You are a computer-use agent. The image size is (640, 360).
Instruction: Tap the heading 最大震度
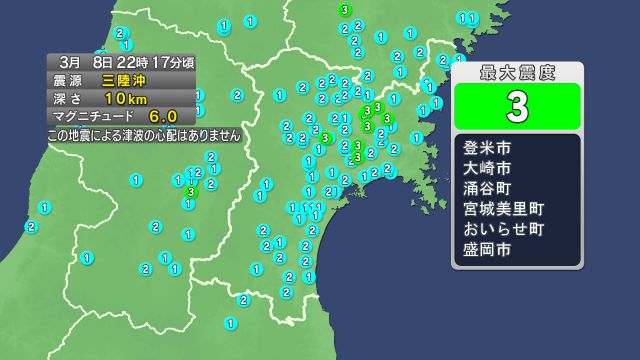click(x=517, y=74)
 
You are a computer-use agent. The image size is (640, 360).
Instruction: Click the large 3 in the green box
click(x=517, y=105)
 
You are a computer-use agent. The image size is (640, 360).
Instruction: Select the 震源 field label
click(x=69, y=79)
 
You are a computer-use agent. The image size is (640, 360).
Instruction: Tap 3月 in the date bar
click(x=69, y=61)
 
